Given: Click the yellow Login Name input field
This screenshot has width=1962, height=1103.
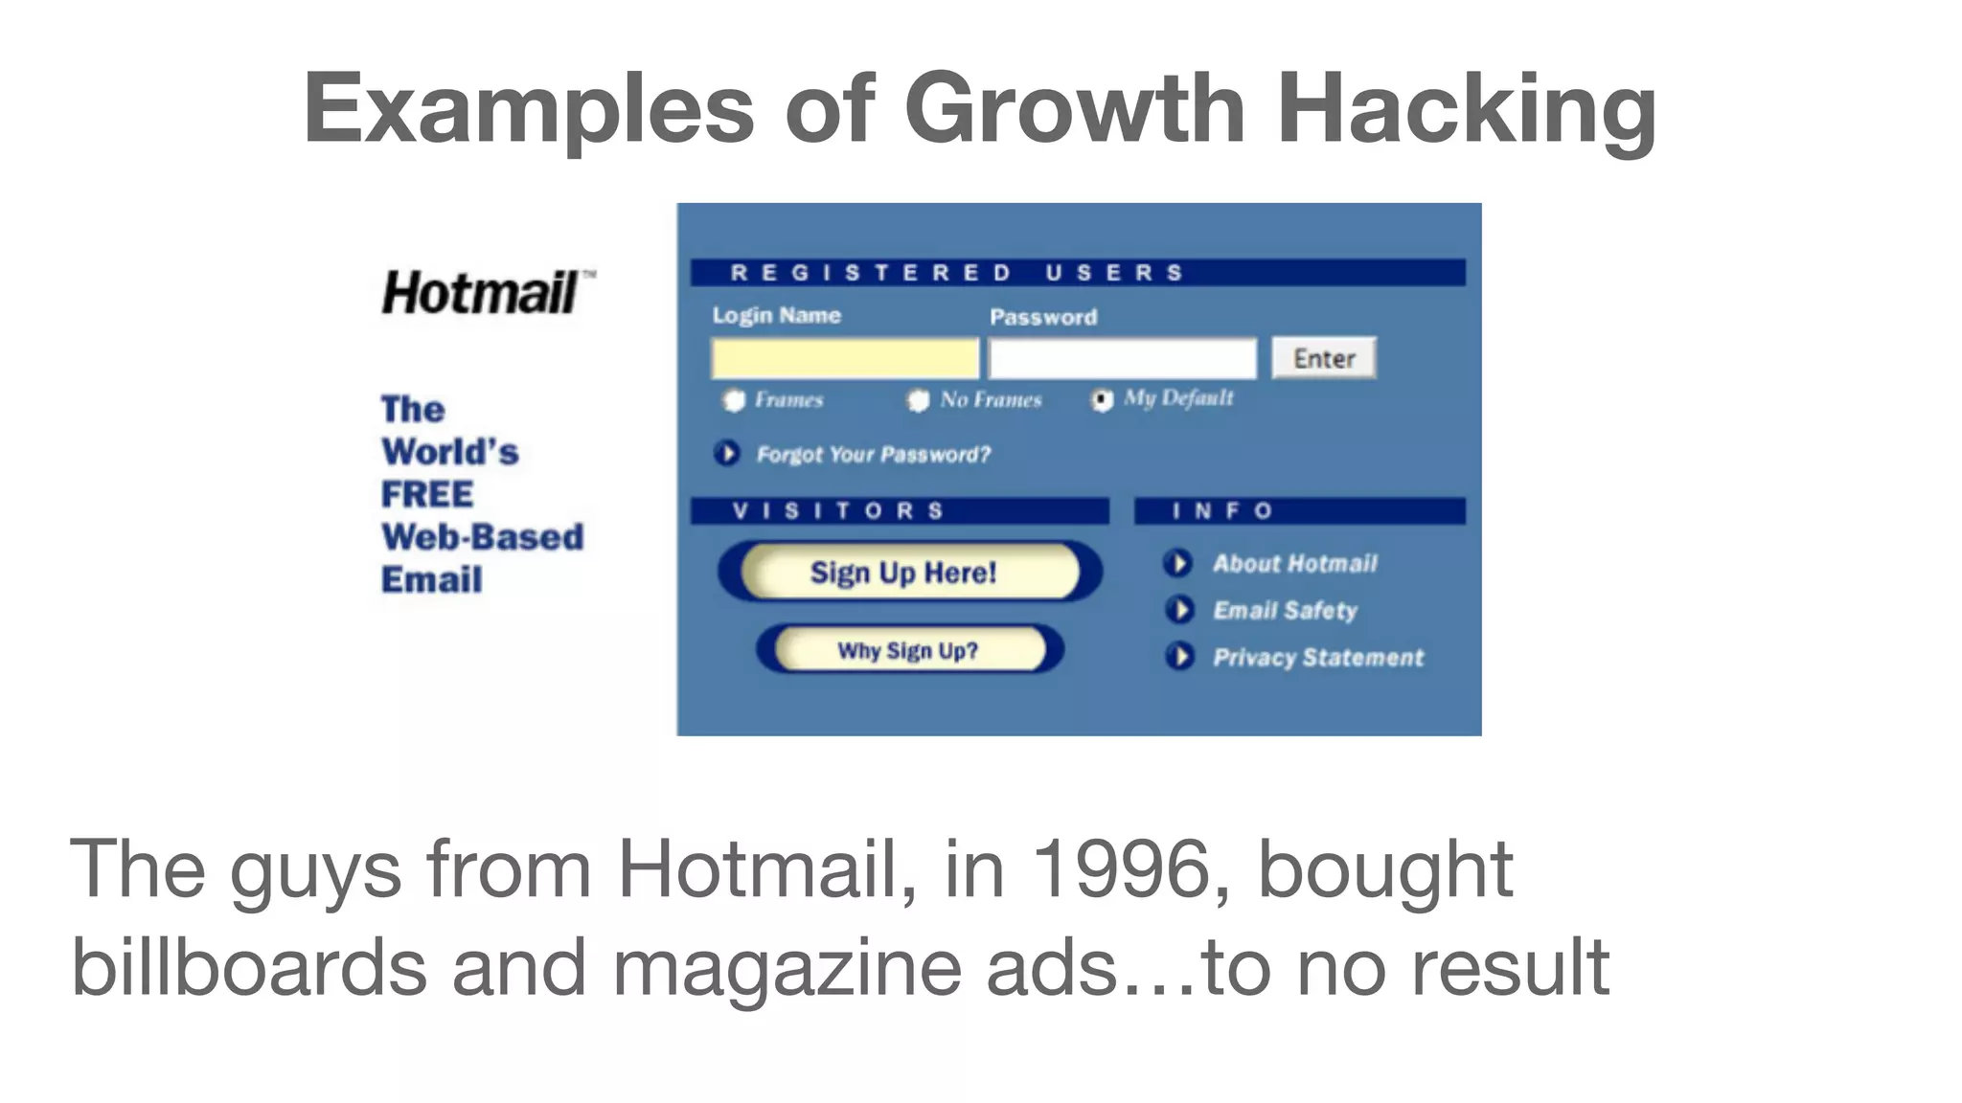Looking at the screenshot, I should tap(844, 359).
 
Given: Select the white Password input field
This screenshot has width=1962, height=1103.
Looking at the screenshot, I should tap(1122, 359).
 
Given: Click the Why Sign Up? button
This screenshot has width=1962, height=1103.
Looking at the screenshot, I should tap(909, 650).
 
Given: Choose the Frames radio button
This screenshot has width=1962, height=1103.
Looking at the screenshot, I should tap(734, 400).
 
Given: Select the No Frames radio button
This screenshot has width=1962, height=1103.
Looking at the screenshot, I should tap(918, 400).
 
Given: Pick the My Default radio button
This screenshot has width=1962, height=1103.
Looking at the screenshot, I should tap(1103, 399).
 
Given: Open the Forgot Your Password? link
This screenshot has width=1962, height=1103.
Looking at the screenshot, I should tap(872, 455).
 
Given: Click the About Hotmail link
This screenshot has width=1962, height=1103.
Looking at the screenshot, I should tap(1293, 564).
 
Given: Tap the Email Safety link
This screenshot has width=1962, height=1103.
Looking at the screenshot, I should tap(1284, 611).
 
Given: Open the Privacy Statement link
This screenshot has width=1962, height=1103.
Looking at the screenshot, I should tap(1317, 658).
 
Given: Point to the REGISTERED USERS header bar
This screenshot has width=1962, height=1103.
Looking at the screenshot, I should tap(1077, 273).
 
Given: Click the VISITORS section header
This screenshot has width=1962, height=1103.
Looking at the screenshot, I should tap(899, 511).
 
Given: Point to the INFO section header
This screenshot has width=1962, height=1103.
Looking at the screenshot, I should tap(1298, 511).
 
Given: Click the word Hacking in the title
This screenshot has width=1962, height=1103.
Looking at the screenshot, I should tap(1466, 110).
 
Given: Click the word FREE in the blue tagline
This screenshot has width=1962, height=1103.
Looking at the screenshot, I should tap(427, 495).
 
